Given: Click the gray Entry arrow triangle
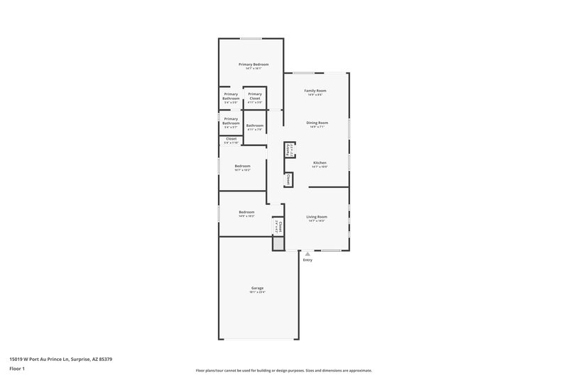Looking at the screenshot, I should (x=307, y=254).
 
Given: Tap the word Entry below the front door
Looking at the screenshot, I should (x=307, y=260).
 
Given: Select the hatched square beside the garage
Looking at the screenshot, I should (x=278, y=243).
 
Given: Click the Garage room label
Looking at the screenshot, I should (x=257, y=288).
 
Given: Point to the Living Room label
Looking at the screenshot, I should (x=317, y=216).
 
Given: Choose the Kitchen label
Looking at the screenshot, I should (x=320, y=162).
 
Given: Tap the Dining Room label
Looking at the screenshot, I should (x=317, y=123).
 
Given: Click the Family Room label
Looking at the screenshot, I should (x=315, y=91).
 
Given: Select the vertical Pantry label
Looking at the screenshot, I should (x=288, y=150).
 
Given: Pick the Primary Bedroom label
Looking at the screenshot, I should (x=253, y=65).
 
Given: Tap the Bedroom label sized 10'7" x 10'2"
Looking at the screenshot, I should (x=243, y=166).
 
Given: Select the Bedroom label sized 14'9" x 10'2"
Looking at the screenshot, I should (x=246, y=212).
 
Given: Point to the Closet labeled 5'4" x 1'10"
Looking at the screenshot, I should (x=231, y=139).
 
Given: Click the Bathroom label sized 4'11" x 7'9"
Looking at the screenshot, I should (x=255, y=126).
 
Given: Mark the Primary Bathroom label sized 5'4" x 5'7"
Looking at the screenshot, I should (x=231, y=121).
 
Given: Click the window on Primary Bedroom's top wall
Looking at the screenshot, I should (x=250, y=38).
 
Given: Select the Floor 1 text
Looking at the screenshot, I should (x=17, y=369).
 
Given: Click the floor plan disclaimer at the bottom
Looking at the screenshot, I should (x=283, y=370).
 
